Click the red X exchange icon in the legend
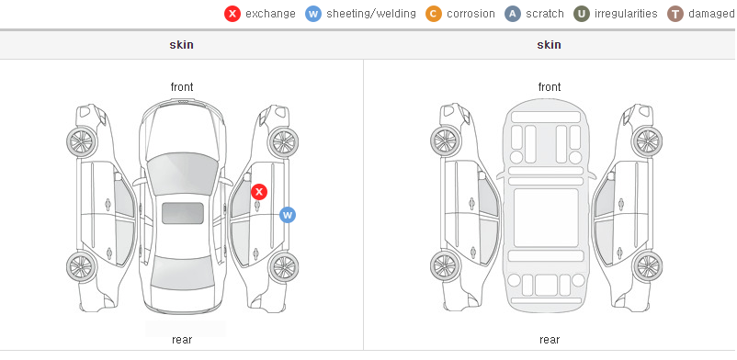point(232,14)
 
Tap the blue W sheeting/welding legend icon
point(313,14)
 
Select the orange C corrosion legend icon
point(434,14)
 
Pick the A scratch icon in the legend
point(513,14)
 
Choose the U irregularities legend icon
point(582,14)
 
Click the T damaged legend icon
point(675,14)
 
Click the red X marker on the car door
point(259,192)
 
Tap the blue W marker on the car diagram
point(288,215)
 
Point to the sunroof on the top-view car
point(183,213)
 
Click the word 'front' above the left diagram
point(182,87)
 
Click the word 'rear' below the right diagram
point(550,340)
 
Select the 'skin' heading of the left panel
point(181,45)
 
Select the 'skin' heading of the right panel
point(549,45)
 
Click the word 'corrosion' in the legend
point(471,14)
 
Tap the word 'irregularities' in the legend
point(626,14)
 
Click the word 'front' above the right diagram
point(550,87)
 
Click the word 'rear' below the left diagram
point(182,340)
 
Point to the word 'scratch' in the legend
point(545,14)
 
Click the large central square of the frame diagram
point(546,218)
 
